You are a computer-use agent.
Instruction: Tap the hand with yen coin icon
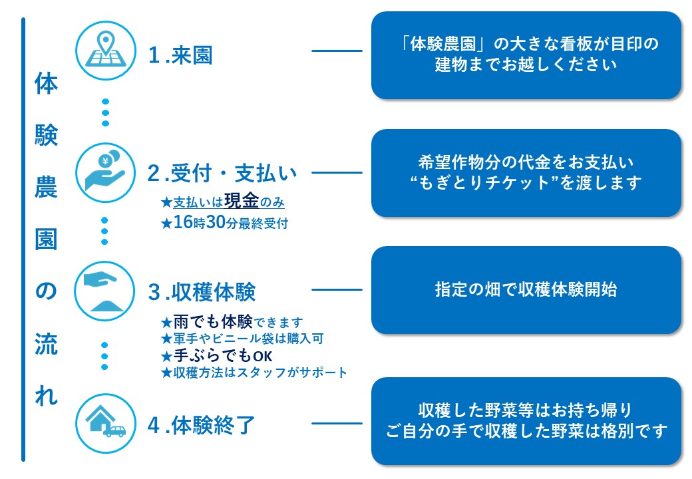(105, 172)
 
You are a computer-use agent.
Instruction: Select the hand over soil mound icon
(105, 291)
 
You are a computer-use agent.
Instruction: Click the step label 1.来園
(180, 55)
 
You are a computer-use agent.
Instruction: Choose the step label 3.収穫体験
(202, 292)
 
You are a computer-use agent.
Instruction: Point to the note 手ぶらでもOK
(217, 356)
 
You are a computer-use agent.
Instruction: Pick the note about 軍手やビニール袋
(242, 339)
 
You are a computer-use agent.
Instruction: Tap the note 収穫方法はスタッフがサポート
(254, 373)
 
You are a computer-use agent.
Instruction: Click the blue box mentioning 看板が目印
(526, 55)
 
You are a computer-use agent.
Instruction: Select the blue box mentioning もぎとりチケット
(526, 172)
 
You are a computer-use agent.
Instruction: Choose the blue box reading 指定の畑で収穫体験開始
(526, 290)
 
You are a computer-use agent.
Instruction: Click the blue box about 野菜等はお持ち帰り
(526, 420)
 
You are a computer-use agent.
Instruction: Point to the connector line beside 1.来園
(337, 51)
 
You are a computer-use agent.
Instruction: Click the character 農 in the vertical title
(46, 187)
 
